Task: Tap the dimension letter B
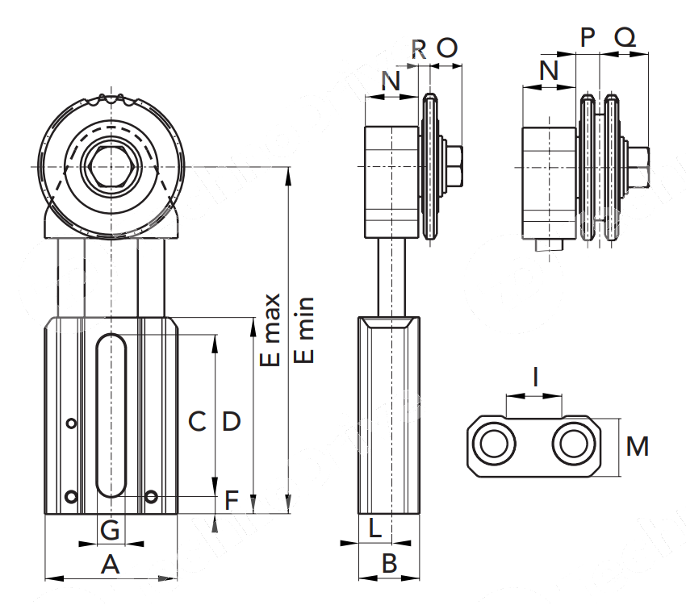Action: pos(389,564)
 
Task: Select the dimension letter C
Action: pos(198,421)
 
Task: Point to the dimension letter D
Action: pos(232,421)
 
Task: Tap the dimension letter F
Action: pos(232,501)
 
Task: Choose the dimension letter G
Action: pos(111,530)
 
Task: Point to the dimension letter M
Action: pos(638,446)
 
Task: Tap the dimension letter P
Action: pos(588,35)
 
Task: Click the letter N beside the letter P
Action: pos(549,70)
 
